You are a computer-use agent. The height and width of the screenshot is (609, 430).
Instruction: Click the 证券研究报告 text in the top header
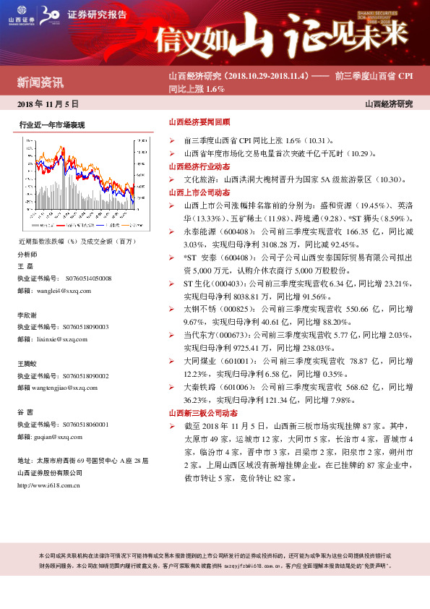[x=93, y=14]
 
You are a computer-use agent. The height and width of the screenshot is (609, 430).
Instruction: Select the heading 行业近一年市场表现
[x=52, y=125]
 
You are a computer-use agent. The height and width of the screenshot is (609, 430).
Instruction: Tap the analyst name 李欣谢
[x=28, y=315]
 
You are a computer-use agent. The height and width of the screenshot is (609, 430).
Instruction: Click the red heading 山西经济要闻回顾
[x=199, y=123]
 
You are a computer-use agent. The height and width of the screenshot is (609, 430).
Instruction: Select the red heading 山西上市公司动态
[x=199, y=192]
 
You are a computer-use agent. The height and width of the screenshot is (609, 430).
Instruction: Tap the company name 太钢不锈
[x=198, y=308]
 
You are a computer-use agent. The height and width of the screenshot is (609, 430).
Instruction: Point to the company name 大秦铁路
[x=198, y=386]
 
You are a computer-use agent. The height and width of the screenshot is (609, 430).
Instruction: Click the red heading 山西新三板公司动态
[x=203, y=412]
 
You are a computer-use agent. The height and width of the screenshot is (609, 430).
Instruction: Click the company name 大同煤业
[x=198, y=360]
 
